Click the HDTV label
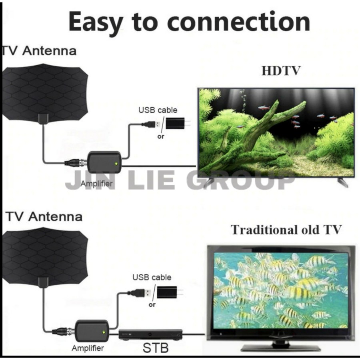point(281,71)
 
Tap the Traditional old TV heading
point(286,230)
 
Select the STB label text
point(156,347)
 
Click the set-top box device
point(150,334)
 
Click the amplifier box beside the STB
point(92,330)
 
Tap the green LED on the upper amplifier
point(116,163)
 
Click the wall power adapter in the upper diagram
point(176,123)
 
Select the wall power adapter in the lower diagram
point(167,292)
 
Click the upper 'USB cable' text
point(158,110)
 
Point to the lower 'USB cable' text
point(152,277)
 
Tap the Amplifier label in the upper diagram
point(96,184)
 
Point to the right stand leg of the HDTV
point(342,182)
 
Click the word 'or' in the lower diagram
point(152,305)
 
